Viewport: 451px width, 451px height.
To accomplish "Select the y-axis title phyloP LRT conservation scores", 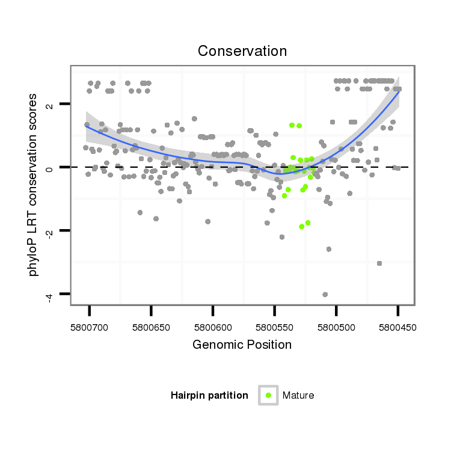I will (x=34, y=185).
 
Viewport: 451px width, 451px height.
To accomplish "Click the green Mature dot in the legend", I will (x=268, y=395).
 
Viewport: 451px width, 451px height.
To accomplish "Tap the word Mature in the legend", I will (x=298, y=395).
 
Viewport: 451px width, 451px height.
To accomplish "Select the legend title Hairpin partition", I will (x=209, y=395).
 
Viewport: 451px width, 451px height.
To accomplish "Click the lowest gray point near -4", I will (x=325, y=294).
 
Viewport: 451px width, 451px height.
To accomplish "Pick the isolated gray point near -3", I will (x=379, y=263).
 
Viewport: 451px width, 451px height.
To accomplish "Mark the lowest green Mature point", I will (x=301, y=227).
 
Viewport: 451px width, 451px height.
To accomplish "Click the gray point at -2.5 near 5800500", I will (x=329, y=249).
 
